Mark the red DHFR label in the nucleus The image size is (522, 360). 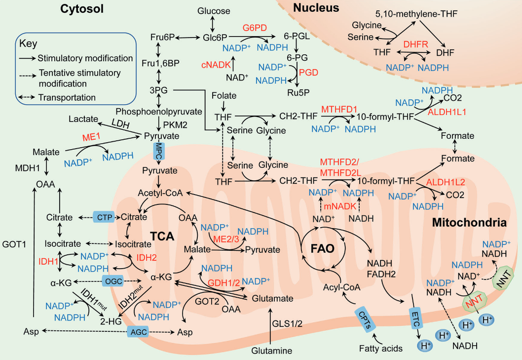click(x=414, y=44)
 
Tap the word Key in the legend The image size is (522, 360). click(x=29, y=43)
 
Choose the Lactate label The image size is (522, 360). click(x=85, y=119)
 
